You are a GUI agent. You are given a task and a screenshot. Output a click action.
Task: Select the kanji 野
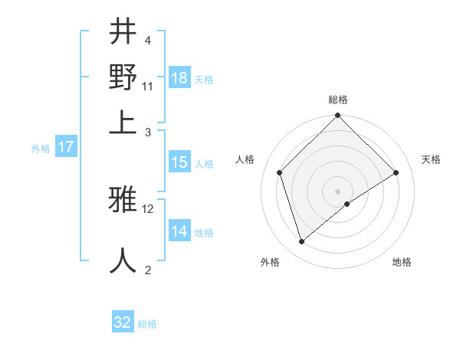[123, 77]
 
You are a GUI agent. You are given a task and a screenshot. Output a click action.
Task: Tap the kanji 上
[123, 123]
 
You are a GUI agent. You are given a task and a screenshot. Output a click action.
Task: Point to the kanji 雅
[123, 201]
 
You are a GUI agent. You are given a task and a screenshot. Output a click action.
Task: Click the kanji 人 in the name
[123, 260]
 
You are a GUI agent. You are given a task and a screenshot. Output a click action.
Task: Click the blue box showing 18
[179, 78]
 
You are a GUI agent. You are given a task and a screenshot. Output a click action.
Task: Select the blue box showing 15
[179, 162]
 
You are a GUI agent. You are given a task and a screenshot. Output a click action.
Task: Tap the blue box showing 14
[179, 231]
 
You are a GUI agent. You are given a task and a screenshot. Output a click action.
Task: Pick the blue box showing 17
[66, 147]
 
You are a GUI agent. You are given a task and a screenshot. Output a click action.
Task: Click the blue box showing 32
[123, 322]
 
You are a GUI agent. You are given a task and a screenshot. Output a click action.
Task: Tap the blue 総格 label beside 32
[147, 324]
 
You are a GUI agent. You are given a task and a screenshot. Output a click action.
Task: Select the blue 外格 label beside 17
[41, 149]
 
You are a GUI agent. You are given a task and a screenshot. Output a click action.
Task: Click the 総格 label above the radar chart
[337, 100]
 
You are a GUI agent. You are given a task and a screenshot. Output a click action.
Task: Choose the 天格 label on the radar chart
[431, 159]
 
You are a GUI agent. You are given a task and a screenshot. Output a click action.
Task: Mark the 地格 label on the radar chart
[402, 262]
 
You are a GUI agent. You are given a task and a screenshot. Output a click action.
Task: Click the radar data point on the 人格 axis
[280, 172]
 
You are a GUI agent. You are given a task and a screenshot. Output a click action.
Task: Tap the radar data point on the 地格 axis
[347, 204]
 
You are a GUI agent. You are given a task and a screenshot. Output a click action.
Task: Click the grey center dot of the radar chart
[337, 191]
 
